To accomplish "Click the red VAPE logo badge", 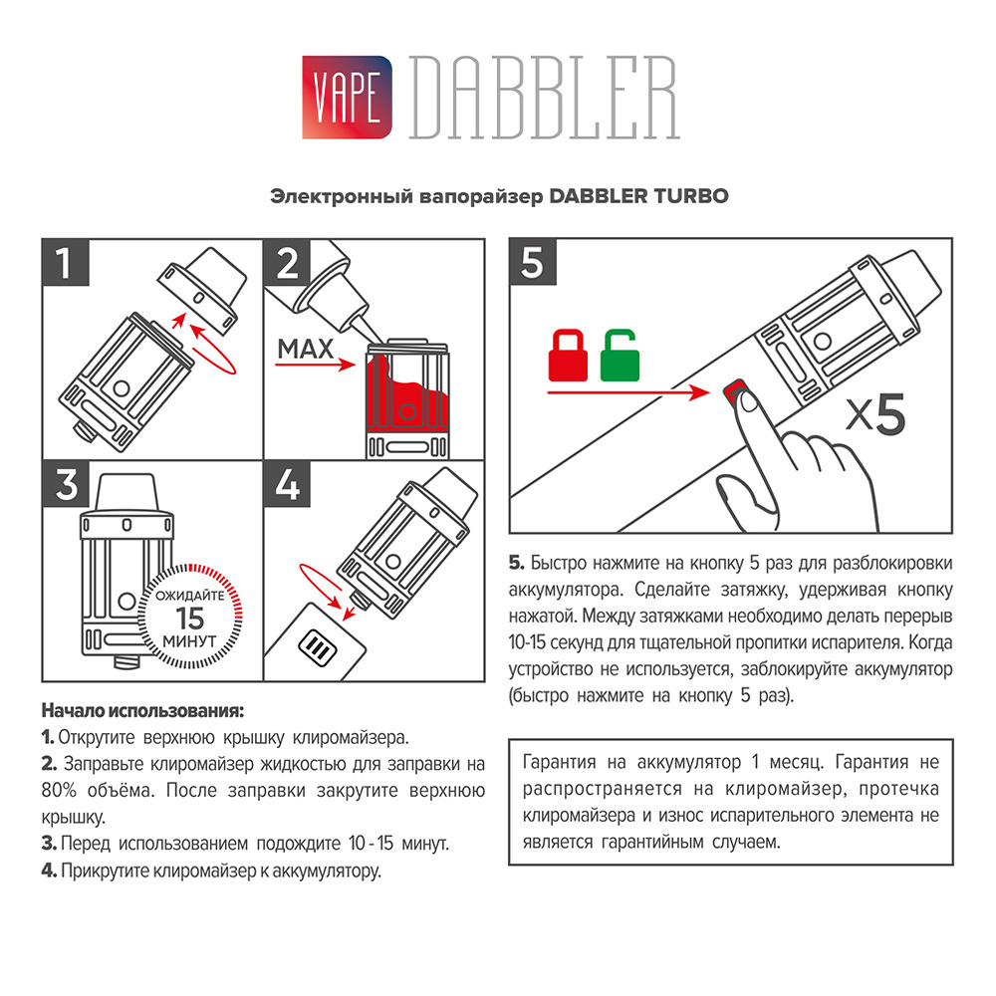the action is [x=347, y=98].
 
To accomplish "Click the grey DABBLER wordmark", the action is [x=545, y=98].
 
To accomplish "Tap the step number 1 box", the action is [x=66, y=262].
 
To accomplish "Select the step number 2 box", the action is [x=287, y=262].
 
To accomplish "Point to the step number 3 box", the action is [x=66, y=484].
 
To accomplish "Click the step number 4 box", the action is [x=287, y=484].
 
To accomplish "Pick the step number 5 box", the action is [x=532, y=262].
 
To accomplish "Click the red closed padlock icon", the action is [x=568, y=356].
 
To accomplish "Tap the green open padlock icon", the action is [x=620, y=356].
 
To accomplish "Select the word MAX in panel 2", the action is [x=306, y=349].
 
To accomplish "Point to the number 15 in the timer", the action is [x=190, y=619].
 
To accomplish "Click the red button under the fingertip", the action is [x=734, y=389].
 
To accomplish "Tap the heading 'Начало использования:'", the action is [x=142, y=710].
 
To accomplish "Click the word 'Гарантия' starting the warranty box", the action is [x=559, y=762].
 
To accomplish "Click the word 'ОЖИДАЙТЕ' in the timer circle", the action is [x=190, y=596].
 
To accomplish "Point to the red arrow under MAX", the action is [x=315, y=366].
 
